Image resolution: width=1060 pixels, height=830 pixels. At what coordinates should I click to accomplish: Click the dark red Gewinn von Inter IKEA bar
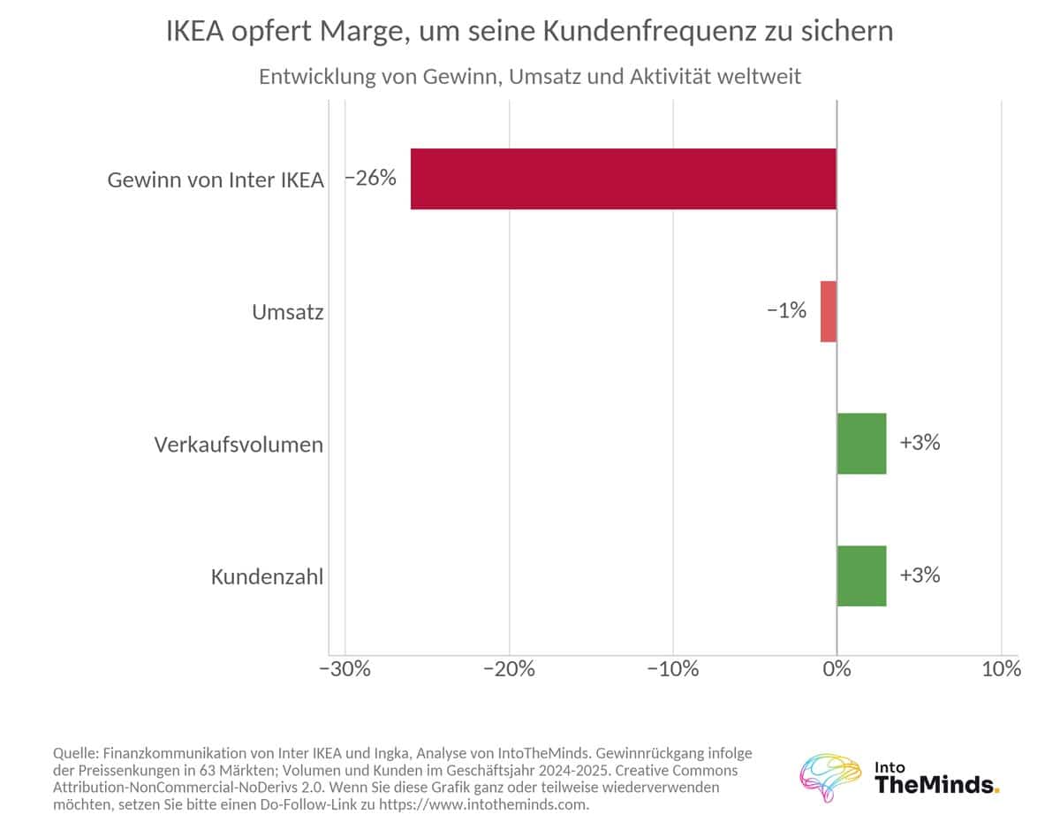[x=624, y=179]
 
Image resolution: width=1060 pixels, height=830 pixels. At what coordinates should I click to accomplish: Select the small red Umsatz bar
[x=829, y=311]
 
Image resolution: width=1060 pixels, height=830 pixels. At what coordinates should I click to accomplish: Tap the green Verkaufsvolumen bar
[x=861, y=444]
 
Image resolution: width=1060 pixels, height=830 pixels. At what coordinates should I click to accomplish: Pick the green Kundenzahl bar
[x=861, y=575]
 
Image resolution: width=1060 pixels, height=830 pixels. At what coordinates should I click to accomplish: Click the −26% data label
[x=370, y=178]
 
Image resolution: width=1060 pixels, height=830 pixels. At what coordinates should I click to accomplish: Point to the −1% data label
[x=786, y=310]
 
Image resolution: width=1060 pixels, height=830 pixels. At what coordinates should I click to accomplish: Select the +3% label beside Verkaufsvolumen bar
[x=920, y=443]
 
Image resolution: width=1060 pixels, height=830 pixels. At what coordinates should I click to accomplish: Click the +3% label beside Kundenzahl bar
[x=920, y=575]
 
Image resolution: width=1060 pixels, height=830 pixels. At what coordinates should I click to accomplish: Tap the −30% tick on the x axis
[x=344, y=668]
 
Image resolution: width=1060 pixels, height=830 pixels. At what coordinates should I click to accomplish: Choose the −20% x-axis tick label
[x=510, y=668]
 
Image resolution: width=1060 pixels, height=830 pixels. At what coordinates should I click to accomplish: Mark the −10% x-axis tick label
[x=673, y=668]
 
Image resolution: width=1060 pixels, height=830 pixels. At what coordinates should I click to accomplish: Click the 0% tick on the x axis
[x=837, y=668]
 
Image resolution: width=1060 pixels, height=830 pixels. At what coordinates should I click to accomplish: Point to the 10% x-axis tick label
[x=1002, y=668]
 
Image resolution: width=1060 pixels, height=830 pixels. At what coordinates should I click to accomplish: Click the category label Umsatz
[x=288, y=312]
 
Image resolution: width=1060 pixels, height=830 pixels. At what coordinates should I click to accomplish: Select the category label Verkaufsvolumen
[x=239, y=445]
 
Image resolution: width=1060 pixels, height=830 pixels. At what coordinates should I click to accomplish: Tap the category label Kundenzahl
[x=268, y=576]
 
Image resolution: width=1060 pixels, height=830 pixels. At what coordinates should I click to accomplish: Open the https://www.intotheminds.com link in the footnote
[x=483, y=804]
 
